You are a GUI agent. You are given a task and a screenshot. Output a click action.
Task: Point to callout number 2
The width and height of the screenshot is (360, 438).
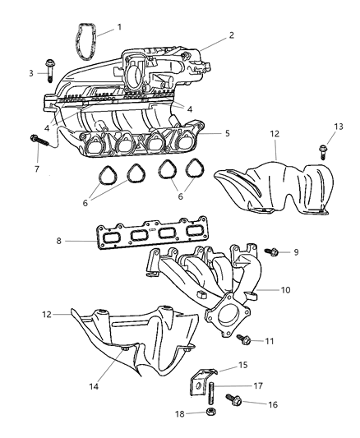pyautogui.click(x=233, y=35)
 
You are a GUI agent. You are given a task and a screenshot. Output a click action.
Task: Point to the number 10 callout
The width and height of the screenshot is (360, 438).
pyautogui.click(x=285, y=289)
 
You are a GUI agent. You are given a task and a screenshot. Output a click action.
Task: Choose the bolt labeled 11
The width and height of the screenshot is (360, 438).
pyautogui.click(x=245, y=338)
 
